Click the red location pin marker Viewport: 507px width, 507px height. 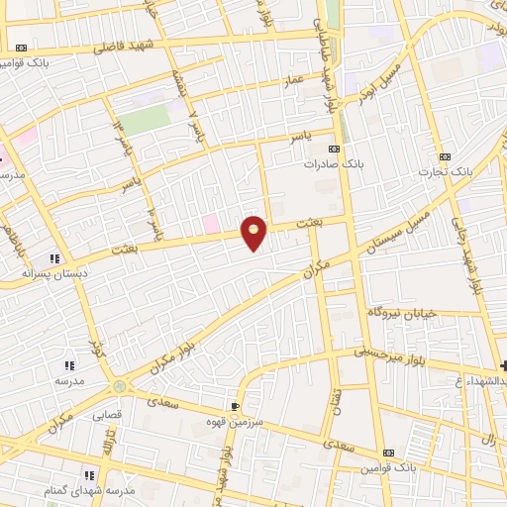coord(254,232)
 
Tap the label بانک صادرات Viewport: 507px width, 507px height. coord(328,164)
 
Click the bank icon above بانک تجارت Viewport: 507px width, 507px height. coord(444,155)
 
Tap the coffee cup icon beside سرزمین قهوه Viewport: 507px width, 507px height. coord(235,406)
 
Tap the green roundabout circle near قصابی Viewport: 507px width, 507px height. coord(119,386)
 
